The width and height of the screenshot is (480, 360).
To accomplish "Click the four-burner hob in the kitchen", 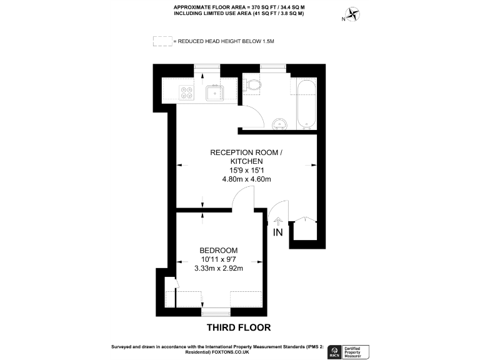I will [x=186, y=92].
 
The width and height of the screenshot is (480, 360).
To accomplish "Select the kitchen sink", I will [x=216, y=94].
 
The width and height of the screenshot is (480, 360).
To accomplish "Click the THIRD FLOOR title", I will [x=239, y=327].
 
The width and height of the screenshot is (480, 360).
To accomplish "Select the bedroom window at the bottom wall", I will [x=216, y=311].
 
